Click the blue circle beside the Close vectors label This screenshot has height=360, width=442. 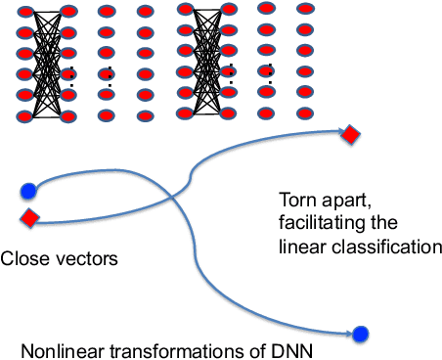28,190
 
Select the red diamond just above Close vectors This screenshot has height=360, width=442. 29,217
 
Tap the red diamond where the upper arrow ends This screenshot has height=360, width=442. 350,135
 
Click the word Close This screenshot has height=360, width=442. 22,259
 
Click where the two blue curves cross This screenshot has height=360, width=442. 173,201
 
